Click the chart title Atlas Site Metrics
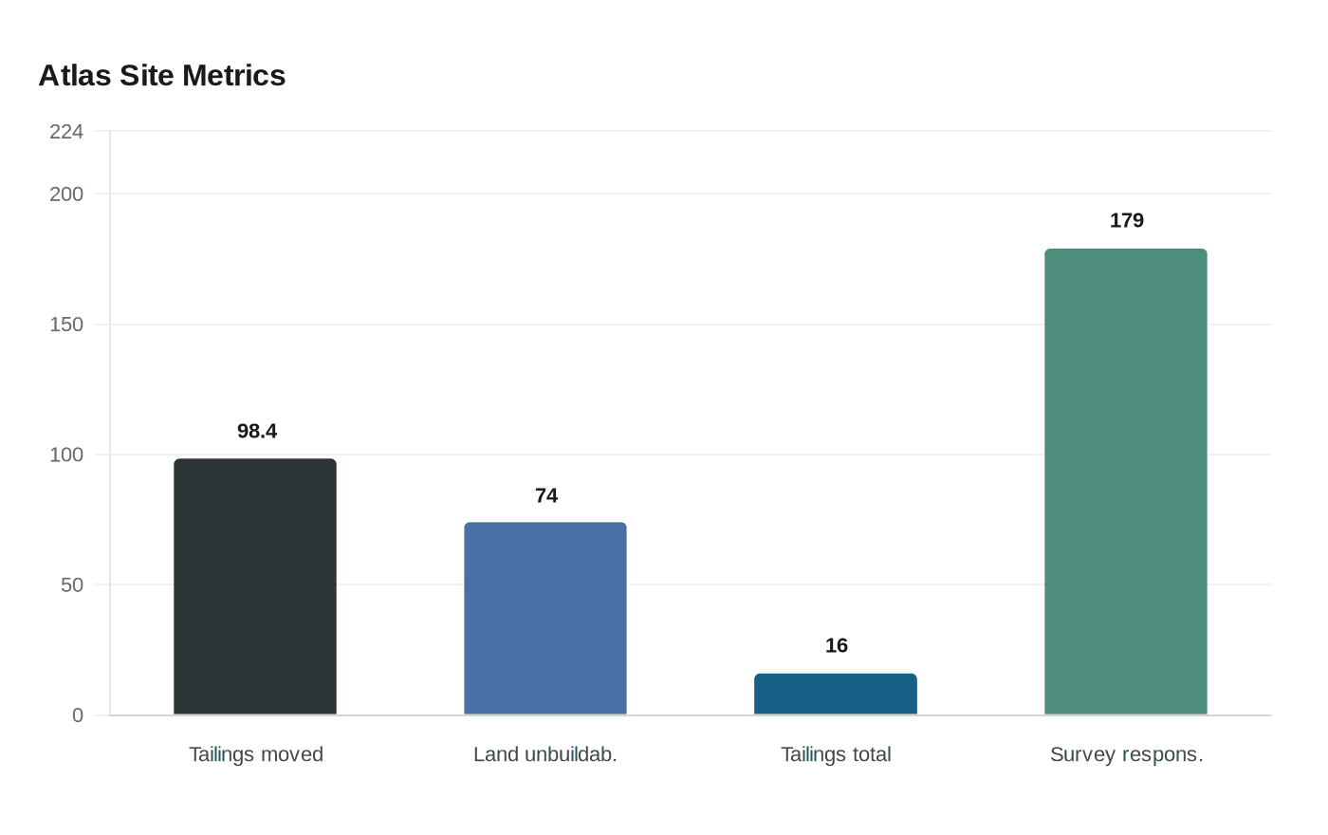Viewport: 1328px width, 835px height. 162,76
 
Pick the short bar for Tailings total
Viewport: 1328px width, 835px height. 836,694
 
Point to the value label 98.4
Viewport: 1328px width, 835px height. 257,432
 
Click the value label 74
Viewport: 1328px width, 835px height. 546,496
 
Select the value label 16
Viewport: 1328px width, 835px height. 837,646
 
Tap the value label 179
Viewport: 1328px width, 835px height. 1127,221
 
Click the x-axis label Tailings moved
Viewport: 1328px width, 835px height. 256,754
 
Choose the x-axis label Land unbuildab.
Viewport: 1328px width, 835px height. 545,754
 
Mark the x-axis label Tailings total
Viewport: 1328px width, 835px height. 836,754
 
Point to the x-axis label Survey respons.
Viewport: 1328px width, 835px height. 1126,754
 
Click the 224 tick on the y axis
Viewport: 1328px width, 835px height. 66,132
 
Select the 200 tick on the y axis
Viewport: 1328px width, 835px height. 66,195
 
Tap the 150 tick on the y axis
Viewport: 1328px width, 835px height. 66,325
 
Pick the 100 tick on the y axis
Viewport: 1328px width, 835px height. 66,455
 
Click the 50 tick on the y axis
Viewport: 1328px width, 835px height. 72,585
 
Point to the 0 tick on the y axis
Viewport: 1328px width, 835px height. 78,715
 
